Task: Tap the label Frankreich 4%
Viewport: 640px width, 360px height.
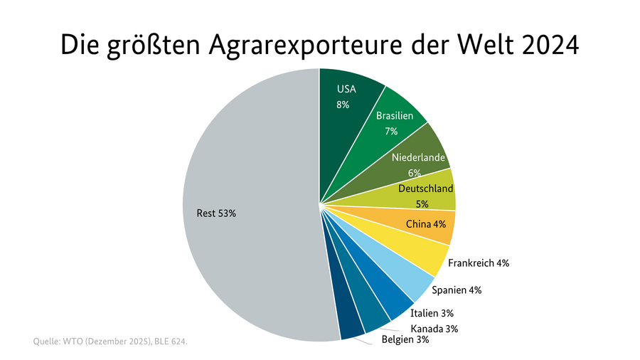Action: point(479,263)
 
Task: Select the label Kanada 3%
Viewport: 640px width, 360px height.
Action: point(434,329)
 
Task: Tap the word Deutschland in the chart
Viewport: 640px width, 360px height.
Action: point(425,189)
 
